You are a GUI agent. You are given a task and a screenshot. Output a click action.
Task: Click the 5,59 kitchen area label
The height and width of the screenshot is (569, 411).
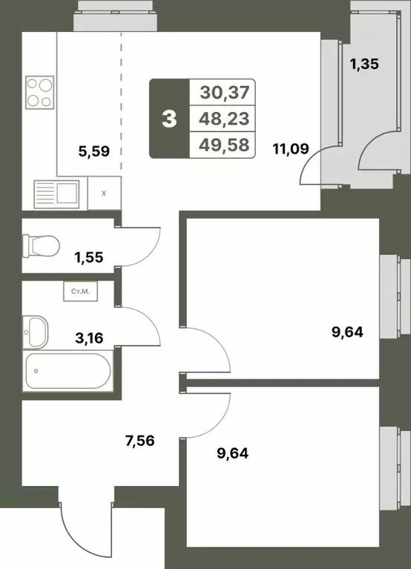pos(94,152)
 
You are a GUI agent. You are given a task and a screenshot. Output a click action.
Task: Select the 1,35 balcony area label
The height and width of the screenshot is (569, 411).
pos(364,64)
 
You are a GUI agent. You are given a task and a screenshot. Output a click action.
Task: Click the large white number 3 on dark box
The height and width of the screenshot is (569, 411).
pos(169,119)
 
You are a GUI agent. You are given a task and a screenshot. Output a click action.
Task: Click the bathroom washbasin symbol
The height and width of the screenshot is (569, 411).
pos(35,329)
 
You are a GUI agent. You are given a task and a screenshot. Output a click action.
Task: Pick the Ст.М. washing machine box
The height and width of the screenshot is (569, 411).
pos(80,292)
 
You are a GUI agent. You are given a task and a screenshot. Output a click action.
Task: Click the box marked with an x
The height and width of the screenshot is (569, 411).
pos(103,193)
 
